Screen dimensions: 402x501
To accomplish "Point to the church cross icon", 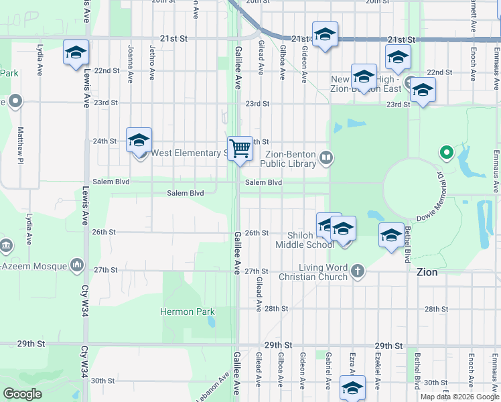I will tap(358, 271).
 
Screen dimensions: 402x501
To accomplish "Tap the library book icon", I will tap(326, 157).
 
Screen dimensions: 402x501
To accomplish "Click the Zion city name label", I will tap(427, 273).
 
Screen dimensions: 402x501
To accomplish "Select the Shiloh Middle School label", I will tap(305, 240).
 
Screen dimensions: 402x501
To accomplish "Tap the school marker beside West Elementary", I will tap(139, 141).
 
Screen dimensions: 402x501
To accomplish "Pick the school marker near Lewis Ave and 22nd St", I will tap(76, 53).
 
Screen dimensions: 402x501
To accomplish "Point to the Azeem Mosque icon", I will tap(78, 266).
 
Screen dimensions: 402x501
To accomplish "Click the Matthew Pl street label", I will tap(21, 145).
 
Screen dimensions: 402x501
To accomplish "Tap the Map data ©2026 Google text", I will tap(459, 397).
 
